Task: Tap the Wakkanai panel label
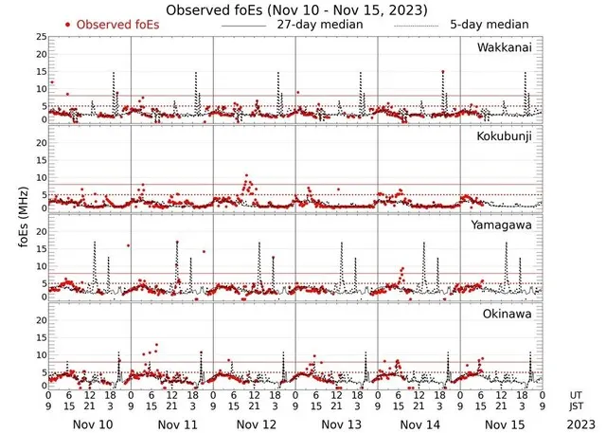pyautogui.click(x=506, y=46)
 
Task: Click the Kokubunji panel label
pyautogui.click(x=506, y=136)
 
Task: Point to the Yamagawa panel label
pyautogui.click(x=504, y=226)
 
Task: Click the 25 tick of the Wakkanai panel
pyautogui.click(x=40, y=36)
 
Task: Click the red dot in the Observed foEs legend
pyautogui.click(x=68, y=25)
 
